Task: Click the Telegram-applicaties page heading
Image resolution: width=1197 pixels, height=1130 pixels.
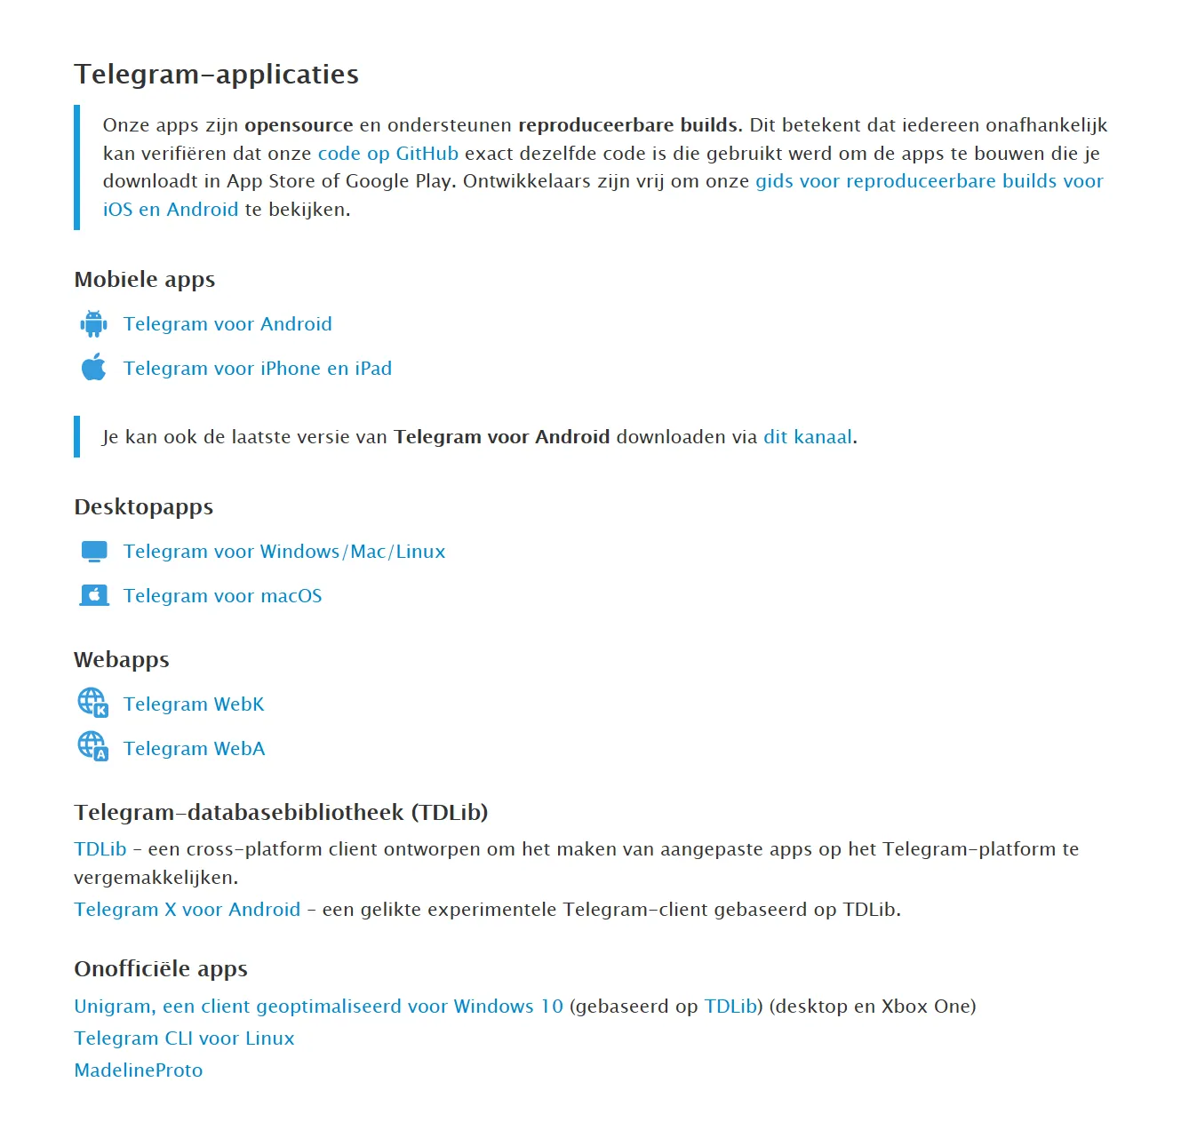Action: click(x=216, y=74)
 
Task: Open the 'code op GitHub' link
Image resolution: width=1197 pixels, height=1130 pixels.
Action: click(x=387, y=154)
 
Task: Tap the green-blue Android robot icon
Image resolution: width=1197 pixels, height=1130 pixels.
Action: click(x=93, y=324)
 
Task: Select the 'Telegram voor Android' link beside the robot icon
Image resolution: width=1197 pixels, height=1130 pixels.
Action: click(x=227, y=324)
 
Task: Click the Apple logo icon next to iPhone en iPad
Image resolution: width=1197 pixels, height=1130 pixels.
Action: click(x=93, y=368)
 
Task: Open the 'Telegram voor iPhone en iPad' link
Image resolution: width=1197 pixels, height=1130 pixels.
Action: click(x=257, y=369)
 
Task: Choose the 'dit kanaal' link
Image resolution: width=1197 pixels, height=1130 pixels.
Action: click(x=807, y=437)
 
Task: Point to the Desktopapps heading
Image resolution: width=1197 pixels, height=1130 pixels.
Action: click(x=144, y=507)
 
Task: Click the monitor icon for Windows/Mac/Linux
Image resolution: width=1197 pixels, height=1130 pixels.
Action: click(x=93, y=552)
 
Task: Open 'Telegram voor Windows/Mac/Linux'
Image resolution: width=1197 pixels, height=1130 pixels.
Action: click(x=284, y=552)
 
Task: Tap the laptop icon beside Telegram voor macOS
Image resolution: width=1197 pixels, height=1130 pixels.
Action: click(x=93, y=596)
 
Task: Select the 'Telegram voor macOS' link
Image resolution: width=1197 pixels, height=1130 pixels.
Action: click(x=222, y=596)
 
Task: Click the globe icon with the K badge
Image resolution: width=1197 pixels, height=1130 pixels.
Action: click(x=92, y=703)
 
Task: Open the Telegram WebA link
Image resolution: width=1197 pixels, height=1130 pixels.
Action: click(x=194, y=749)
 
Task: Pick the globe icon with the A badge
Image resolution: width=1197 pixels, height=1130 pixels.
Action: click(x=92, y=746)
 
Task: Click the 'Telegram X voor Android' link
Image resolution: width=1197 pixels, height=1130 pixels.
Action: click(x=187, y=910)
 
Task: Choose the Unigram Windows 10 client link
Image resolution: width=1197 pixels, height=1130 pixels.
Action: click(x=318, y=1007)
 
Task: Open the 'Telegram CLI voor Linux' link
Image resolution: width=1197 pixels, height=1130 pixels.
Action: click(x=184, y=1038)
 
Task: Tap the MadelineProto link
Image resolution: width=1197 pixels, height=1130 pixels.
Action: click(x=139, y=1070)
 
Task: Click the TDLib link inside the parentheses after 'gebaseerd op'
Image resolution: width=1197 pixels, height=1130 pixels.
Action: click(x=730, y=1007)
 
